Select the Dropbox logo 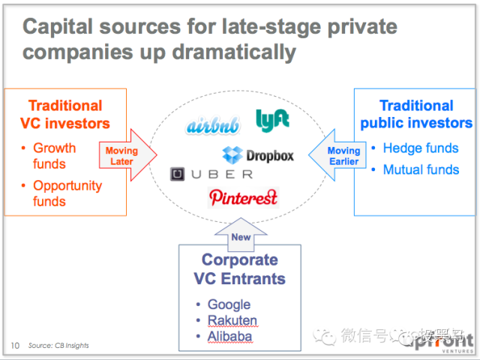tap(258, 155)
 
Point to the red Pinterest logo tap(244, 197)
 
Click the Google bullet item tap(229, 304)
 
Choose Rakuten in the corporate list tap(232, 320)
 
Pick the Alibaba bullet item tap(229, 337)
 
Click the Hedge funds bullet tap(421, 148)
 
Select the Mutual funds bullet tap(421, 169)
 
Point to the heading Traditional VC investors tap(65, 114)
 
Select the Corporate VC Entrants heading tap(239, 270)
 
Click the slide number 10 tap(15, 346)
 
